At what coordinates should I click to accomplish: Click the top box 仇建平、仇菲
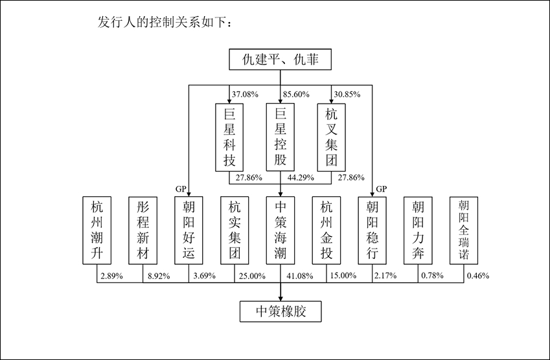tap(280, 62)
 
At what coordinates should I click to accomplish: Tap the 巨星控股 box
tap(280, 137)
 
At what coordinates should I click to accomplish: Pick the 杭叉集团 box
tap(331, 137)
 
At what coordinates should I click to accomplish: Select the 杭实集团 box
tap(235, 230)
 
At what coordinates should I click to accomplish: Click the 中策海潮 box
tap(281, 230)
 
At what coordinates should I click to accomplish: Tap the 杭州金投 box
tap(327, 230)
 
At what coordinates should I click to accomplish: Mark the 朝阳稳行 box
tap(372, 230)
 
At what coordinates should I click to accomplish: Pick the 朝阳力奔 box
tap(418, 230)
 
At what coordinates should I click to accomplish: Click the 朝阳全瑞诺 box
tap(464, 230)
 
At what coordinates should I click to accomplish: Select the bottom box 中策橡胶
tap(280, 311)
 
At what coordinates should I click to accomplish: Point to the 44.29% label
tap(299, 177)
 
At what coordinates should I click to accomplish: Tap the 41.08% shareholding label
tap(299, 276)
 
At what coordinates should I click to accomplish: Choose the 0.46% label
tap(478, 276)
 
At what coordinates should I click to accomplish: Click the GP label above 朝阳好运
tap(181, 188)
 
